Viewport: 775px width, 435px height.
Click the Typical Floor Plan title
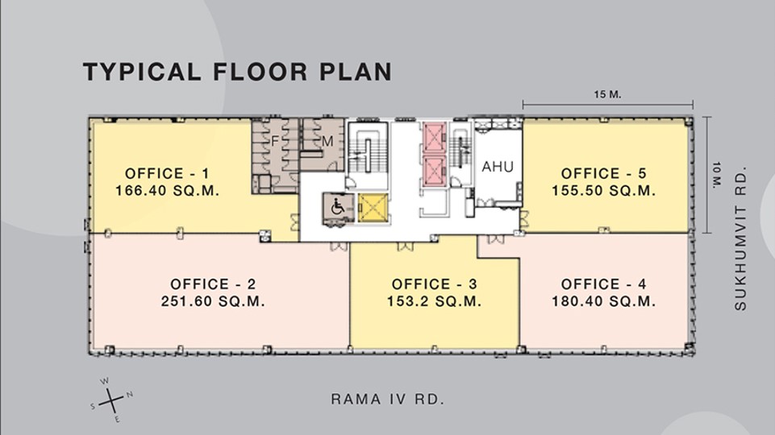tap(237, 72)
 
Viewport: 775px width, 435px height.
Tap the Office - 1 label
tap(167, 174)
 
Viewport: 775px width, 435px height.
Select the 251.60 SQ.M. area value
tap(213, 301)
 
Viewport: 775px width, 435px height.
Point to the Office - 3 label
tap(435, 284)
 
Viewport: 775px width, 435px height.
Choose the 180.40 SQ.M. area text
tap(604, 301)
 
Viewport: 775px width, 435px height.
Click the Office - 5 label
tap(603, 174)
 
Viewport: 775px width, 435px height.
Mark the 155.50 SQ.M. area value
tap(604, 191)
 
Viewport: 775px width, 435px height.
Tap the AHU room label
tap(498, 167)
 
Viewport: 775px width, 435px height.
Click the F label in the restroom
tap(275, 141)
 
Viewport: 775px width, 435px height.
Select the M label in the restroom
tap(327, 141)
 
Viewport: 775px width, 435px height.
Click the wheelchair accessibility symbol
tap(338, 207)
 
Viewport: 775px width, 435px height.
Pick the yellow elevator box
tap(373, 208)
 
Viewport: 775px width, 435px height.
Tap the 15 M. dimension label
tap(607, 94)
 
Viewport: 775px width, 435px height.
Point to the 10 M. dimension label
tap(717, 175)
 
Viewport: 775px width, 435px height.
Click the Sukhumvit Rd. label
tap(740, 238)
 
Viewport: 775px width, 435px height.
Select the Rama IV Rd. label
tap(387, 399)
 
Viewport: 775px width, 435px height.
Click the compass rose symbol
tap(112, 400)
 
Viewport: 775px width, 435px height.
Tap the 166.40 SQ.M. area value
tap(167, 191)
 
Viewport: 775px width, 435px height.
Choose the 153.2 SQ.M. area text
tap(435, 301)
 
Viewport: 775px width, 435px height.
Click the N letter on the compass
tap(130, 395)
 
